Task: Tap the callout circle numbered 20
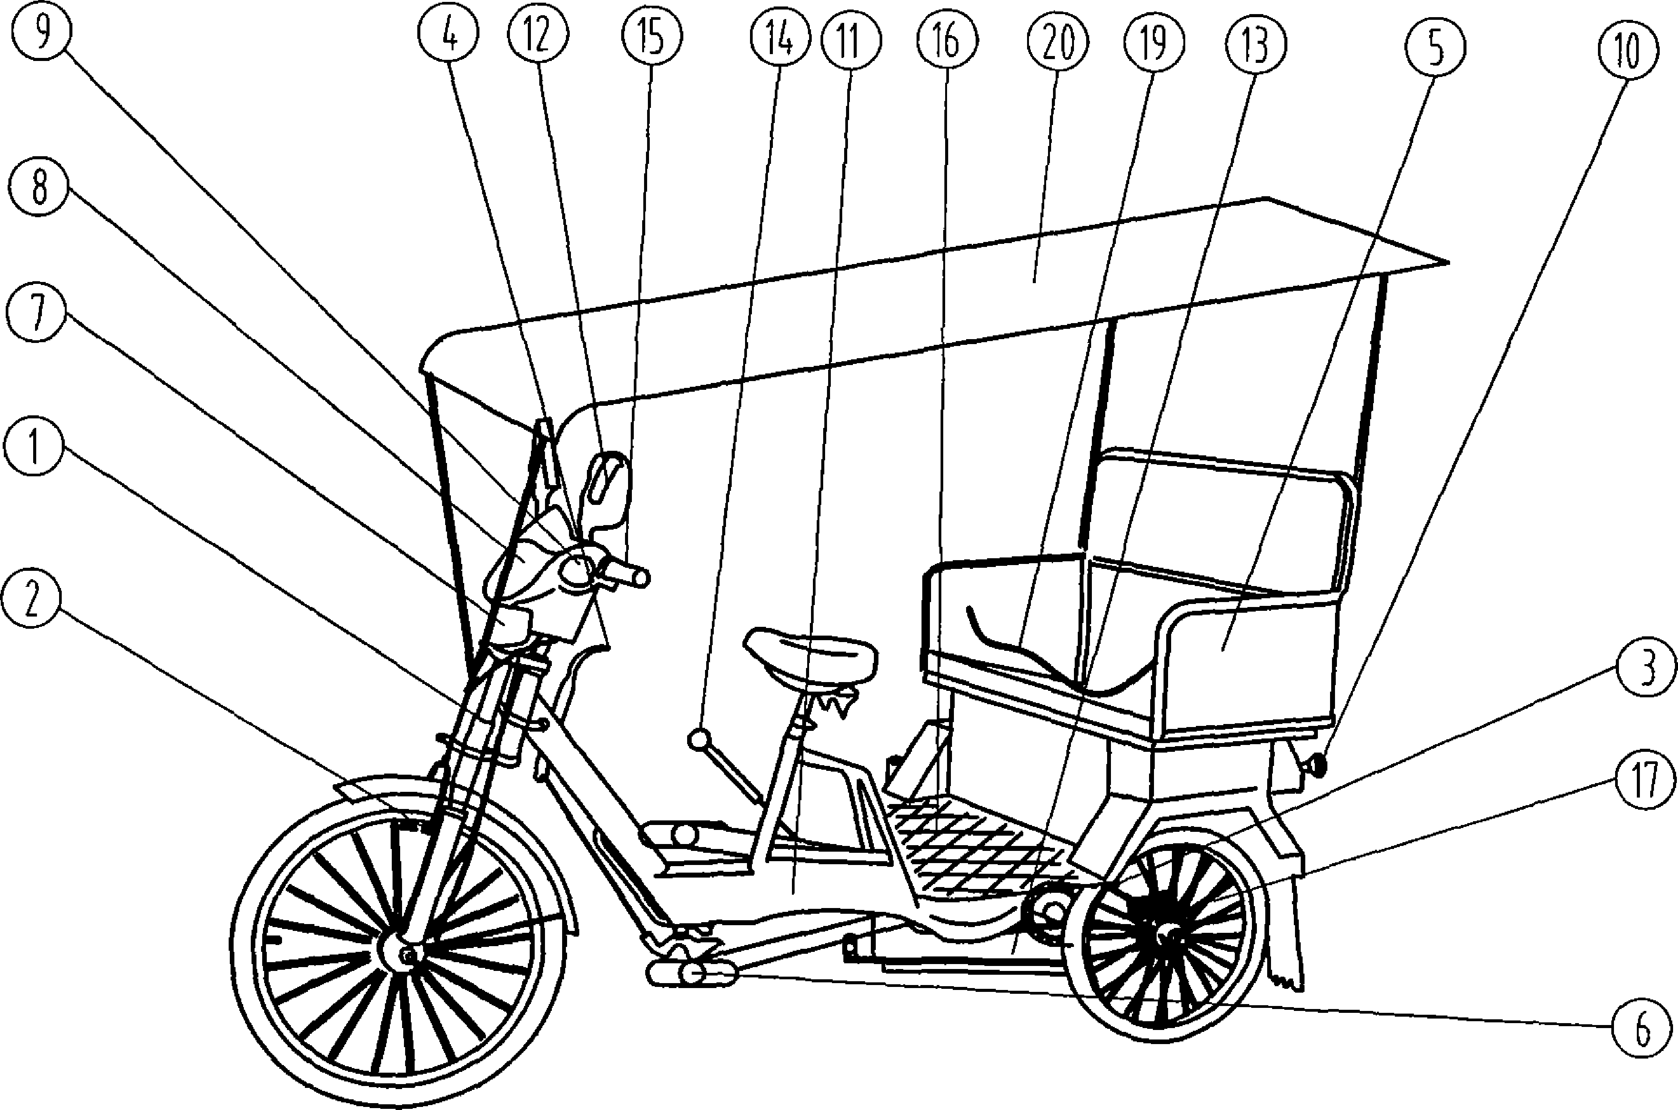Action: (x=1054, y=42)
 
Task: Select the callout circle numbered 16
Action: (x=947, y=41)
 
